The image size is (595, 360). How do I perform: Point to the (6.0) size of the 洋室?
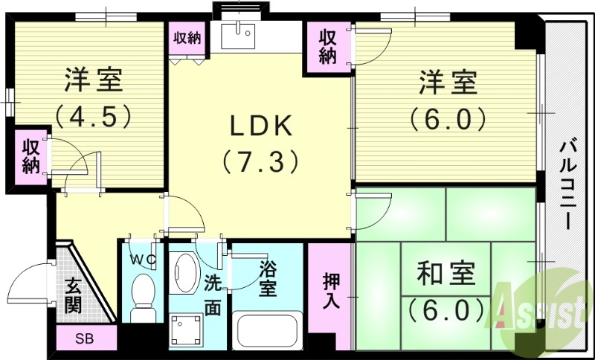446,117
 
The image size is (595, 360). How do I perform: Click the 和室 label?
446,275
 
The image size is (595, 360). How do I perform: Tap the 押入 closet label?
332,291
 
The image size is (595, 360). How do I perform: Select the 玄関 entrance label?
74,295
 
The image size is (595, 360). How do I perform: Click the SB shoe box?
86,338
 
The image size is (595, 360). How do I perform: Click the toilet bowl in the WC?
141,293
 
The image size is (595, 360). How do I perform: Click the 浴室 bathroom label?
267,277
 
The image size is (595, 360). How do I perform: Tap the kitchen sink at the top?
238,34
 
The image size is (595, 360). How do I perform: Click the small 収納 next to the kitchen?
187,38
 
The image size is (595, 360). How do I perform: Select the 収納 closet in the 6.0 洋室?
327,46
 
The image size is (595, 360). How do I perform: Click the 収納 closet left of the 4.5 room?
30,157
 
